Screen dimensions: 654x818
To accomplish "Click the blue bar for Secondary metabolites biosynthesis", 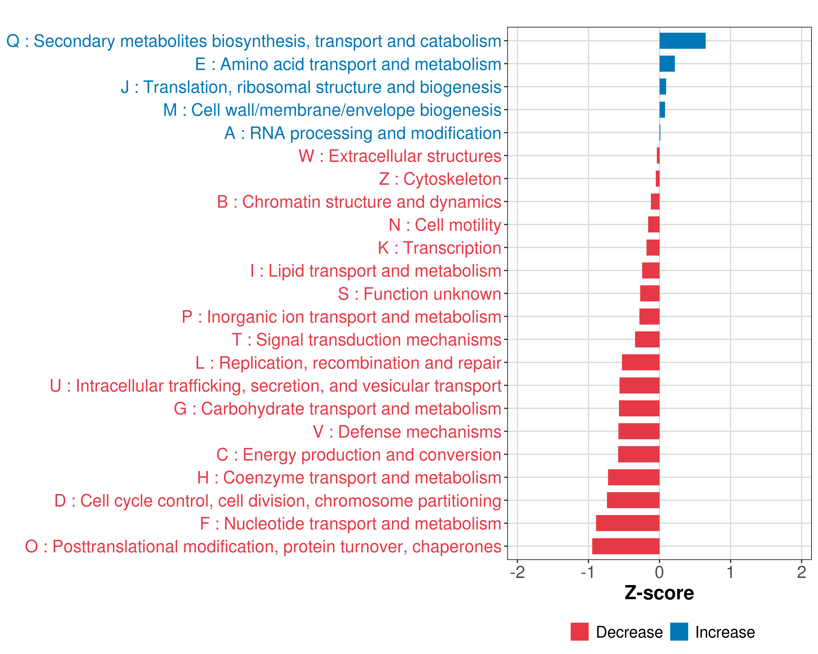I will [x=682, y=41].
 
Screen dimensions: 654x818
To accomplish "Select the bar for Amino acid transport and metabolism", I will [x=667, y=64].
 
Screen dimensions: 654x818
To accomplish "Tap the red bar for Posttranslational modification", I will [x=626, y=546].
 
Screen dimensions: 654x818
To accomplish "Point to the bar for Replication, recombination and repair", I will [x=640, y=362].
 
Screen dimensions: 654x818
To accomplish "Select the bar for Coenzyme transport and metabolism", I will [x=634, y=477].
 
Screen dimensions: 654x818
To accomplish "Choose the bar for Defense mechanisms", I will [x=639, y=431].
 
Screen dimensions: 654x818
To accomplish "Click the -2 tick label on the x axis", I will [x=517, y=572].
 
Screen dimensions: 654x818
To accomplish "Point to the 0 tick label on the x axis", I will [x=659, y=572].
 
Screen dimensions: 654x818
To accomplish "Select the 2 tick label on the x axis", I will [x=801, y=572].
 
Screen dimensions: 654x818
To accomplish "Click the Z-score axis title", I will [x=659, y=593].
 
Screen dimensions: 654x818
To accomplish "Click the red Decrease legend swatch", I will [x=579, y=632].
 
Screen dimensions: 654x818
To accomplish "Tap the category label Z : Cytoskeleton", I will [x=440, y=179].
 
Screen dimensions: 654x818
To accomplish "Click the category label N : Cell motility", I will [x=445, y=225].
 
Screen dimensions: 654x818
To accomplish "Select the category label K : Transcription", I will [x=439, y=248].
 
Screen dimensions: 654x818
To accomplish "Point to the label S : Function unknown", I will [x=419, y=294].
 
